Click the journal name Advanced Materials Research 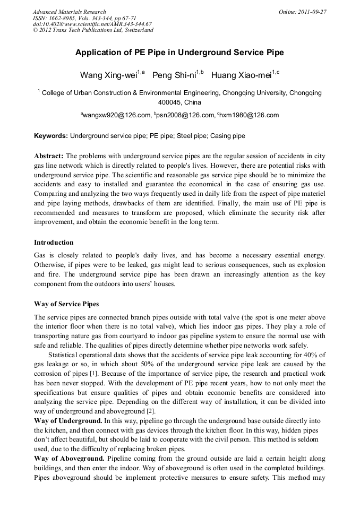69,12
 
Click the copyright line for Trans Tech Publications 93,30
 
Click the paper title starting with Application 179,53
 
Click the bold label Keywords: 51,136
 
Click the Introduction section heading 54,243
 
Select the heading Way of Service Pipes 66,304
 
